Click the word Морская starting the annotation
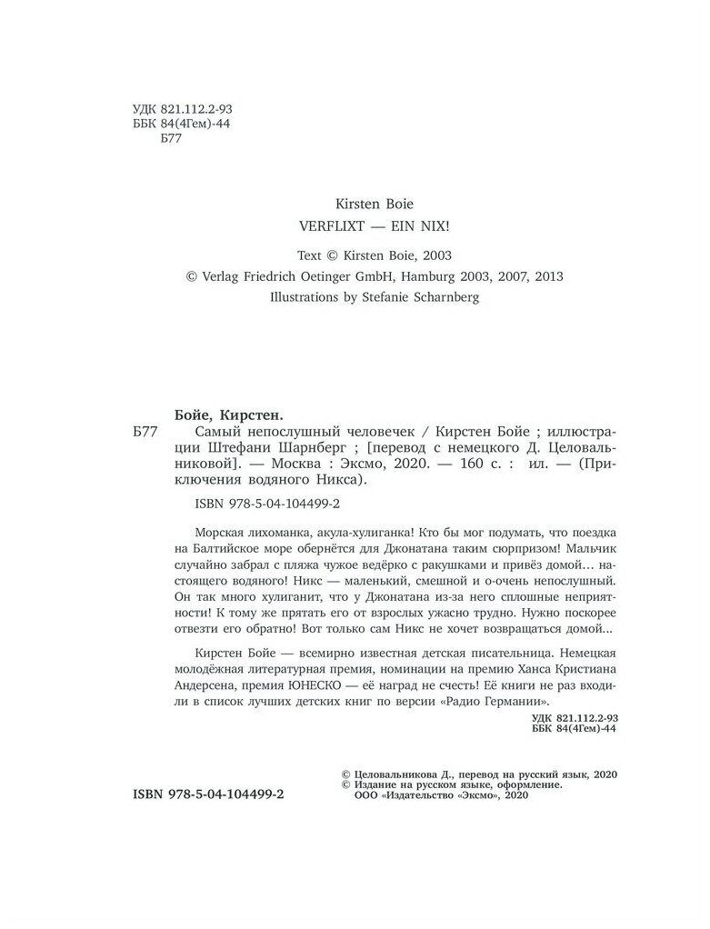click(x=222, y=532)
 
